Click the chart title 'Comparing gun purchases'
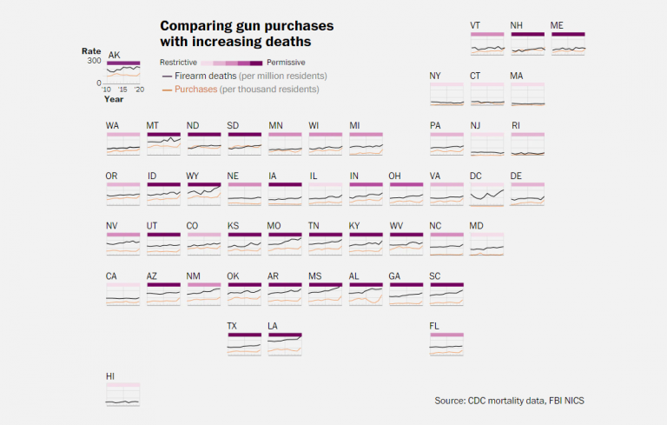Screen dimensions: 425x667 pyautogui.click(x=247, y=26)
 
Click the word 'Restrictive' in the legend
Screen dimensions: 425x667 pyautogui.click(x=179, y=63)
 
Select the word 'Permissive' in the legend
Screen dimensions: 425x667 pyautogui.click(x=286, y=63)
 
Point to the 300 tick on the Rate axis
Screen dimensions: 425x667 pyautogui.click(x=94, y=61)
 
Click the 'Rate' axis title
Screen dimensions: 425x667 pyautogui.click(x=92, y=50)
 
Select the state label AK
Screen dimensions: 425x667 pyautogui.click(x=114, y=55)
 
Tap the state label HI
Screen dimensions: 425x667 pyautogui.click(x=110, y=376)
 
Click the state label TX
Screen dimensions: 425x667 pyautogui.click(x=232, y=326)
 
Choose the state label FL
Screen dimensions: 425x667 pyautogui.click(x=434, y=326)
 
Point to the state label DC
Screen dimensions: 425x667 pyautogui.click(x=476, y=176)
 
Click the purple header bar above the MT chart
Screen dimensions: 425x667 pyautogui.click(x=163, y=135)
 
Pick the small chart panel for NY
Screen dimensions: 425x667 pyautogui.click(x=446, y=95)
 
